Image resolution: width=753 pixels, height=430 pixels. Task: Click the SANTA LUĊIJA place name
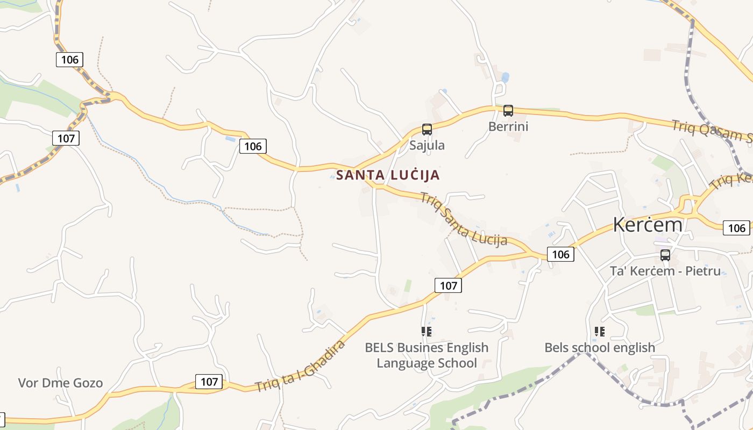(388, 175)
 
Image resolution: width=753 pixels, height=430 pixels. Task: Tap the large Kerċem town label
(648, 225)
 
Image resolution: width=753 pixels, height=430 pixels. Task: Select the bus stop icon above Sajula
(427, 130)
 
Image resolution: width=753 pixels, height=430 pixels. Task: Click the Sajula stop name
(427, 145)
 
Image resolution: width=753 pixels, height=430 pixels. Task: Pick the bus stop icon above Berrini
(508, 111)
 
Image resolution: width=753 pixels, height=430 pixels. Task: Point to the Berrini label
(508, 127)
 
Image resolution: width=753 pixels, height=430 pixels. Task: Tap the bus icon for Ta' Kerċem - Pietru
(665, 255)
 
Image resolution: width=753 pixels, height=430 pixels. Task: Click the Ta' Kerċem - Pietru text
(665, 271)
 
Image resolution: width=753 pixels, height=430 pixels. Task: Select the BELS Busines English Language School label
(427, 355)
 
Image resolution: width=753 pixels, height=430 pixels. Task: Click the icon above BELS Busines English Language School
(427, 332)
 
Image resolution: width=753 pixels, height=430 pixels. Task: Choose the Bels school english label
(600, 348)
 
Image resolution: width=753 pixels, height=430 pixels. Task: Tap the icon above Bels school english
(600, 332)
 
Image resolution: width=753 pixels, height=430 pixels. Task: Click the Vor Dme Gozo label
(60, 383)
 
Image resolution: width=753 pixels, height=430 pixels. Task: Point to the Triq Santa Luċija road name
(463, 219)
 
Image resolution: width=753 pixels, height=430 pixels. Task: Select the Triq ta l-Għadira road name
(300, 366)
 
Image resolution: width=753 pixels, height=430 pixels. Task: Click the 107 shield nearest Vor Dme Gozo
(209, 382)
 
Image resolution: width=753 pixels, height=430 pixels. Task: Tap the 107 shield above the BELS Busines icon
(448, 285)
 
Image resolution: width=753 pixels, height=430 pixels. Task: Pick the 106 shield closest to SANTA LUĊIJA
(253, 146)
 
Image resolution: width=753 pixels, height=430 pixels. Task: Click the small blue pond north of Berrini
(505, 77)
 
